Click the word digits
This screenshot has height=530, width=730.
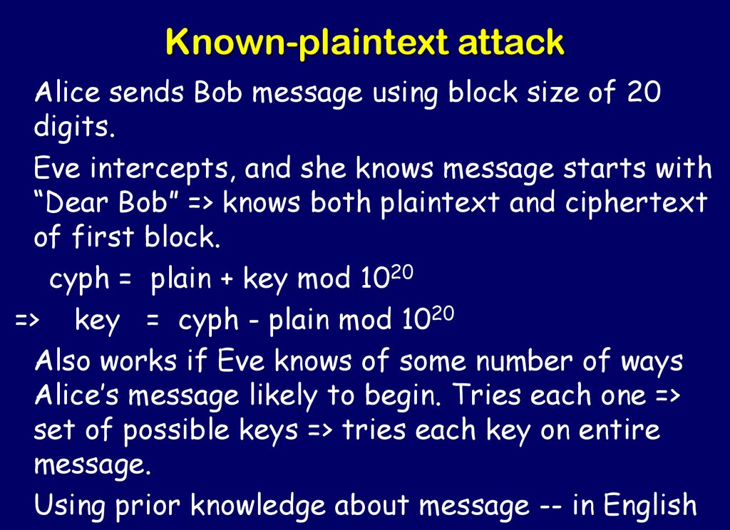click(73, 128)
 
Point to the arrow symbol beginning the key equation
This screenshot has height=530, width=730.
click(28, 321)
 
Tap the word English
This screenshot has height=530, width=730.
click(649, 506)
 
